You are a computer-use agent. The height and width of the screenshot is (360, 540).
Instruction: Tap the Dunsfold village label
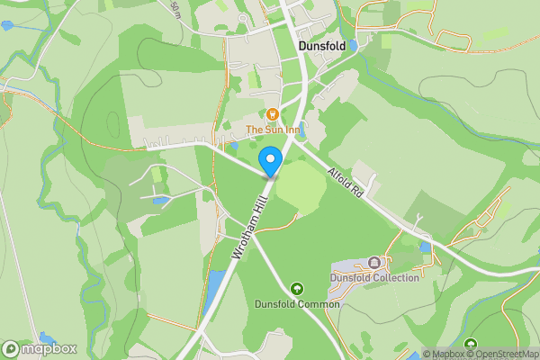click(320, 46)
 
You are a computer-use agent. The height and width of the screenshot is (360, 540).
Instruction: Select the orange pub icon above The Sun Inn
click(272, 113)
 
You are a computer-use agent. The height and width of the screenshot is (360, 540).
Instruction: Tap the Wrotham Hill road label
click(249, 230)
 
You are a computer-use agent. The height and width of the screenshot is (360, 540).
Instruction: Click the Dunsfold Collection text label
click(374, 277)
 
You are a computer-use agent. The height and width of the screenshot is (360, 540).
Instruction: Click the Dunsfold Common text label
click(297, 304)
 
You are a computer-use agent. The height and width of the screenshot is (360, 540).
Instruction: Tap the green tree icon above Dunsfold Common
click(297, 289)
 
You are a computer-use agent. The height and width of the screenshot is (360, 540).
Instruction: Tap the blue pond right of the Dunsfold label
click(354, 44)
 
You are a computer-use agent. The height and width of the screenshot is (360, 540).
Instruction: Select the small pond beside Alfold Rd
click(424, 245)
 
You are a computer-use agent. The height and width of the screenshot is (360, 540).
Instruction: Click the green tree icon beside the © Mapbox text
click(470, 343)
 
